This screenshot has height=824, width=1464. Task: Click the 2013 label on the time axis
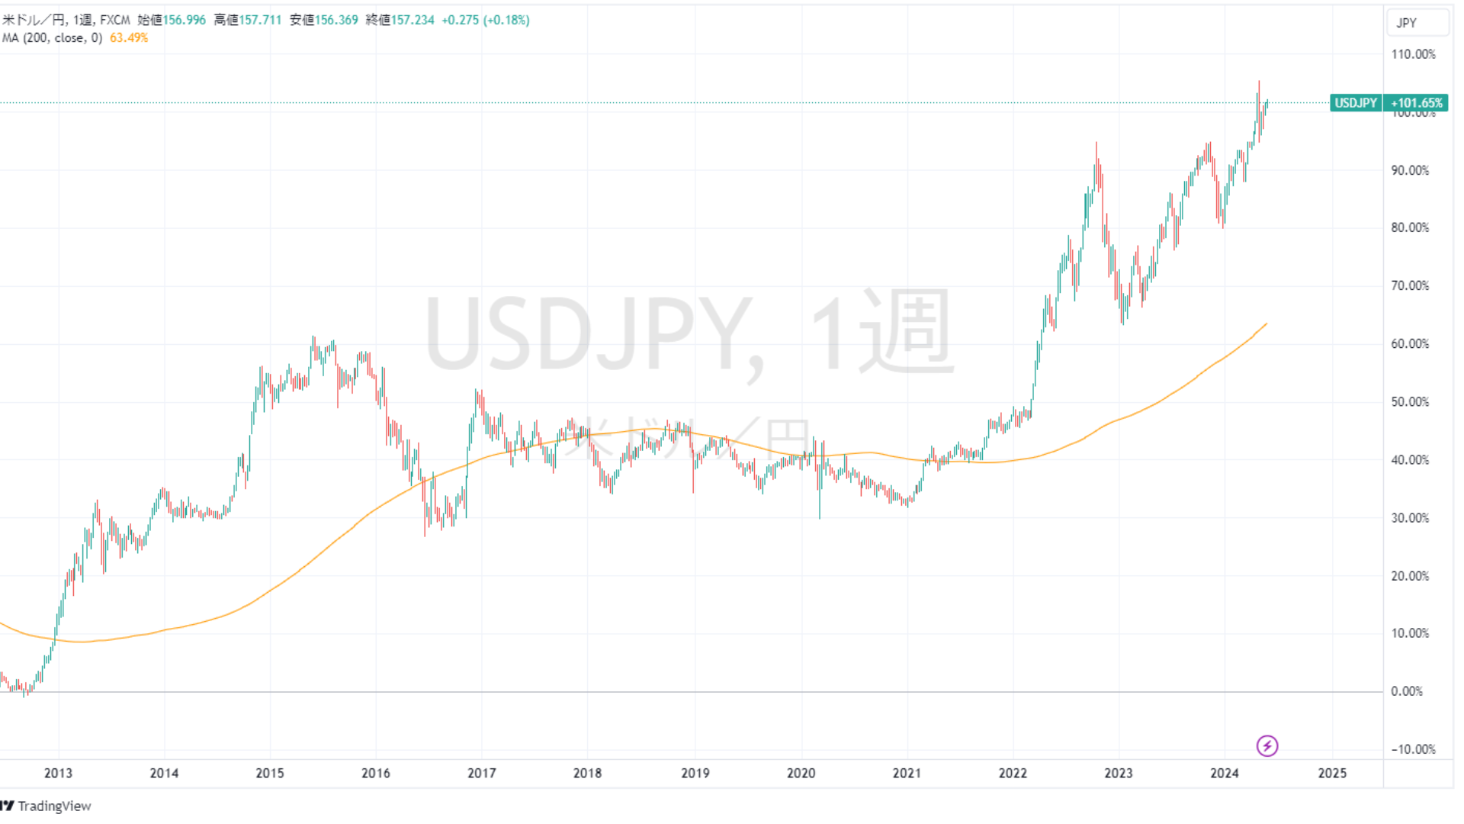click(x=58, y=773)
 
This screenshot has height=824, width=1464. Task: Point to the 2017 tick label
click(x=481, y=773)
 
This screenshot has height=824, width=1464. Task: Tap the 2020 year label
click(x=801, y=773)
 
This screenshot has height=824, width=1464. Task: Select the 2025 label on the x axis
click(x=1332, y=773)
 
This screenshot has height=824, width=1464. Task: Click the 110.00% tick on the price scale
click(x=1413, y=54)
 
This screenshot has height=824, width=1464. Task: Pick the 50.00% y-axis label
click(x=1410, y=402)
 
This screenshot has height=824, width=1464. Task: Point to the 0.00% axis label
click(x=1407, y=691)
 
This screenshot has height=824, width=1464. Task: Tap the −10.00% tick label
click(x=1413, y=749)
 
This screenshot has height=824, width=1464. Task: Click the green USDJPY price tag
click(x=1356, y=103)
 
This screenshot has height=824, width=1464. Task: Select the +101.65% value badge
click(x=1416, y=103)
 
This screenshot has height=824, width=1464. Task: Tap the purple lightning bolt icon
click(x=1267, y=745)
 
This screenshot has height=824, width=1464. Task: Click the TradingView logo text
click(x=53, y=806)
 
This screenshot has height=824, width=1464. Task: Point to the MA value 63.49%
click(x=129, y=37)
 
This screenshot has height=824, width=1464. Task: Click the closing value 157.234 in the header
click(x=413, y=20)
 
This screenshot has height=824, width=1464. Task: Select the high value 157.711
click(x=261, y=20)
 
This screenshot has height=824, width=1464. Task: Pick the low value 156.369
click(x=336, y=20)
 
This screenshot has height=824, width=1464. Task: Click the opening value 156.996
click(x=185, y=20)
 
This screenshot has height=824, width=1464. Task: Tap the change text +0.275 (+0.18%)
click(x=486, y=20)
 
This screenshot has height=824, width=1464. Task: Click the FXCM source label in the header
click(x=115, y=20)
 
